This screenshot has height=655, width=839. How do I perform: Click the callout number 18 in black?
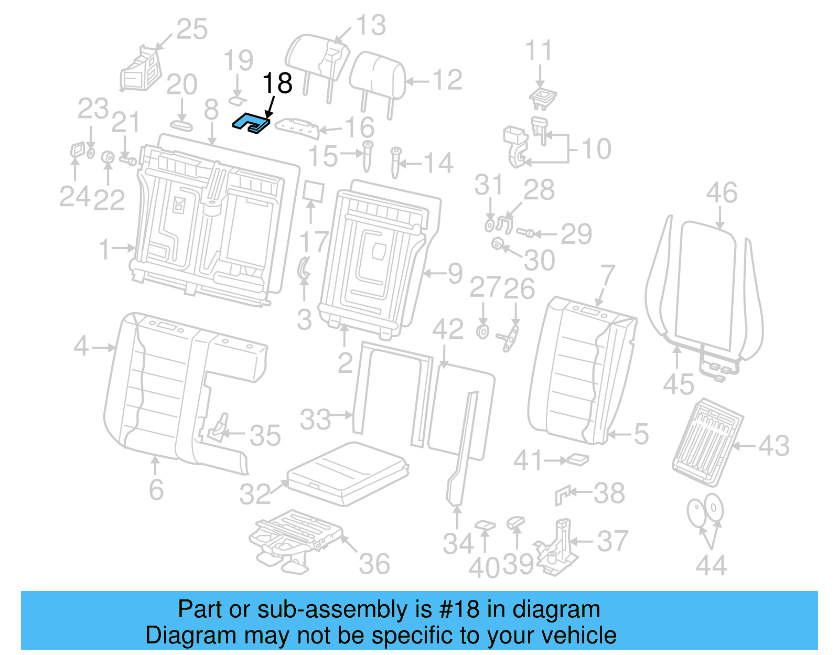pyautogui.click(x=277, y=83)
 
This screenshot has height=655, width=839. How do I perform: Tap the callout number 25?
pyautogui.click(x=192, y=29)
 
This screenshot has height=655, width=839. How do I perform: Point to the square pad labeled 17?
pyautogui.click(x=314, y=191)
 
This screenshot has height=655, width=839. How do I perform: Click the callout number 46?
pyautogui.click(x=722, y=193)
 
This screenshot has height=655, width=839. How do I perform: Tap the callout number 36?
pyautogui.click(x=374, y=564)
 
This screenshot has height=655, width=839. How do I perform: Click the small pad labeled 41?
pyautogui.click(x=578, y=459)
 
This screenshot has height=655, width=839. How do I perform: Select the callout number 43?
pyautogui.click(x=773, y=446)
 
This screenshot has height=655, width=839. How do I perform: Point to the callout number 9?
pyautogui.click(x=455, y=273)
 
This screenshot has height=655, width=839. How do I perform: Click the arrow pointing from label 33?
pyautogui.click(x=343, y=415)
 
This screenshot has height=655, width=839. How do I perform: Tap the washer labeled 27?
pyautogui.click(x=483, y=331)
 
